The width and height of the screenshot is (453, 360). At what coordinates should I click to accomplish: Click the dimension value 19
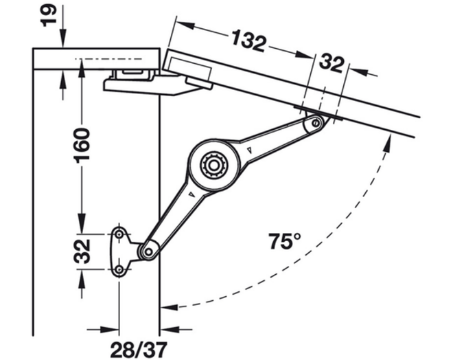48,15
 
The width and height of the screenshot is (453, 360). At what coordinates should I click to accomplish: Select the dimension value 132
248,41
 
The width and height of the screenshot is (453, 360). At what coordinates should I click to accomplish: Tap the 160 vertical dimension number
82,146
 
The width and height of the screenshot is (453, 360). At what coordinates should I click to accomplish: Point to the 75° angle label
285,241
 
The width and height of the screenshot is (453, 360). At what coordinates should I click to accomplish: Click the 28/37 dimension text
139,350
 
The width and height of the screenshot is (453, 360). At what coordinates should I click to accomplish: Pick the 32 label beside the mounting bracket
82,251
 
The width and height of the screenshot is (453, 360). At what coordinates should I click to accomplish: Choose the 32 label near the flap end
332,64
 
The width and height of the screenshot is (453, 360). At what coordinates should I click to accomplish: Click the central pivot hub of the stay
214,166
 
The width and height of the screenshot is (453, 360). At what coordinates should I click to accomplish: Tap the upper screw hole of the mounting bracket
119,234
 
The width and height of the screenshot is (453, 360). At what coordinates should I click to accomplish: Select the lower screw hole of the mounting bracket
119,270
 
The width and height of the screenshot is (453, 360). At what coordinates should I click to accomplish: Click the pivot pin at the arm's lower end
149,251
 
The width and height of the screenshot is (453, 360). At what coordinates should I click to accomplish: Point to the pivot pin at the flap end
316,123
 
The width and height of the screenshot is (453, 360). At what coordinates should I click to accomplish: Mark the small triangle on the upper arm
250,150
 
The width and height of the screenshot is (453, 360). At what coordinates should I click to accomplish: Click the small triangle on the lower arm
191,194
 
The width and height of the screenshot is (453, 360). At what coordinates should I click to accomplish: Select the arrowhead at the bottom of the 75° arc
170,306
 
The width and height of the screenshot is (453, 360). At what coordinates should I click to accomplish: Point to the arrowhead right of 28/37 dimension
170,329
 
